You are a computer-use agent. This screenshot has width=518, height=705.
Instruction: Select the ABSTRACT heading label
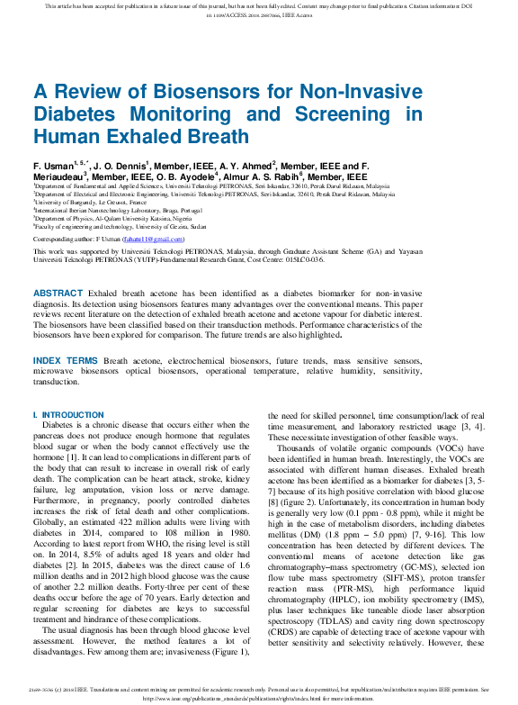[x=57, y=294]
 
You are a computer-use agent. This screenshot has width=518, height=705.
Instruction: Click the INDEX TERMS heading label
[x=66, y=360]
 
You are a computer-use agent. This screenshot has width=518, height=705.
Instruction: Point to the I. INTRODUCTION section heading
[x=68, y=415]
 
